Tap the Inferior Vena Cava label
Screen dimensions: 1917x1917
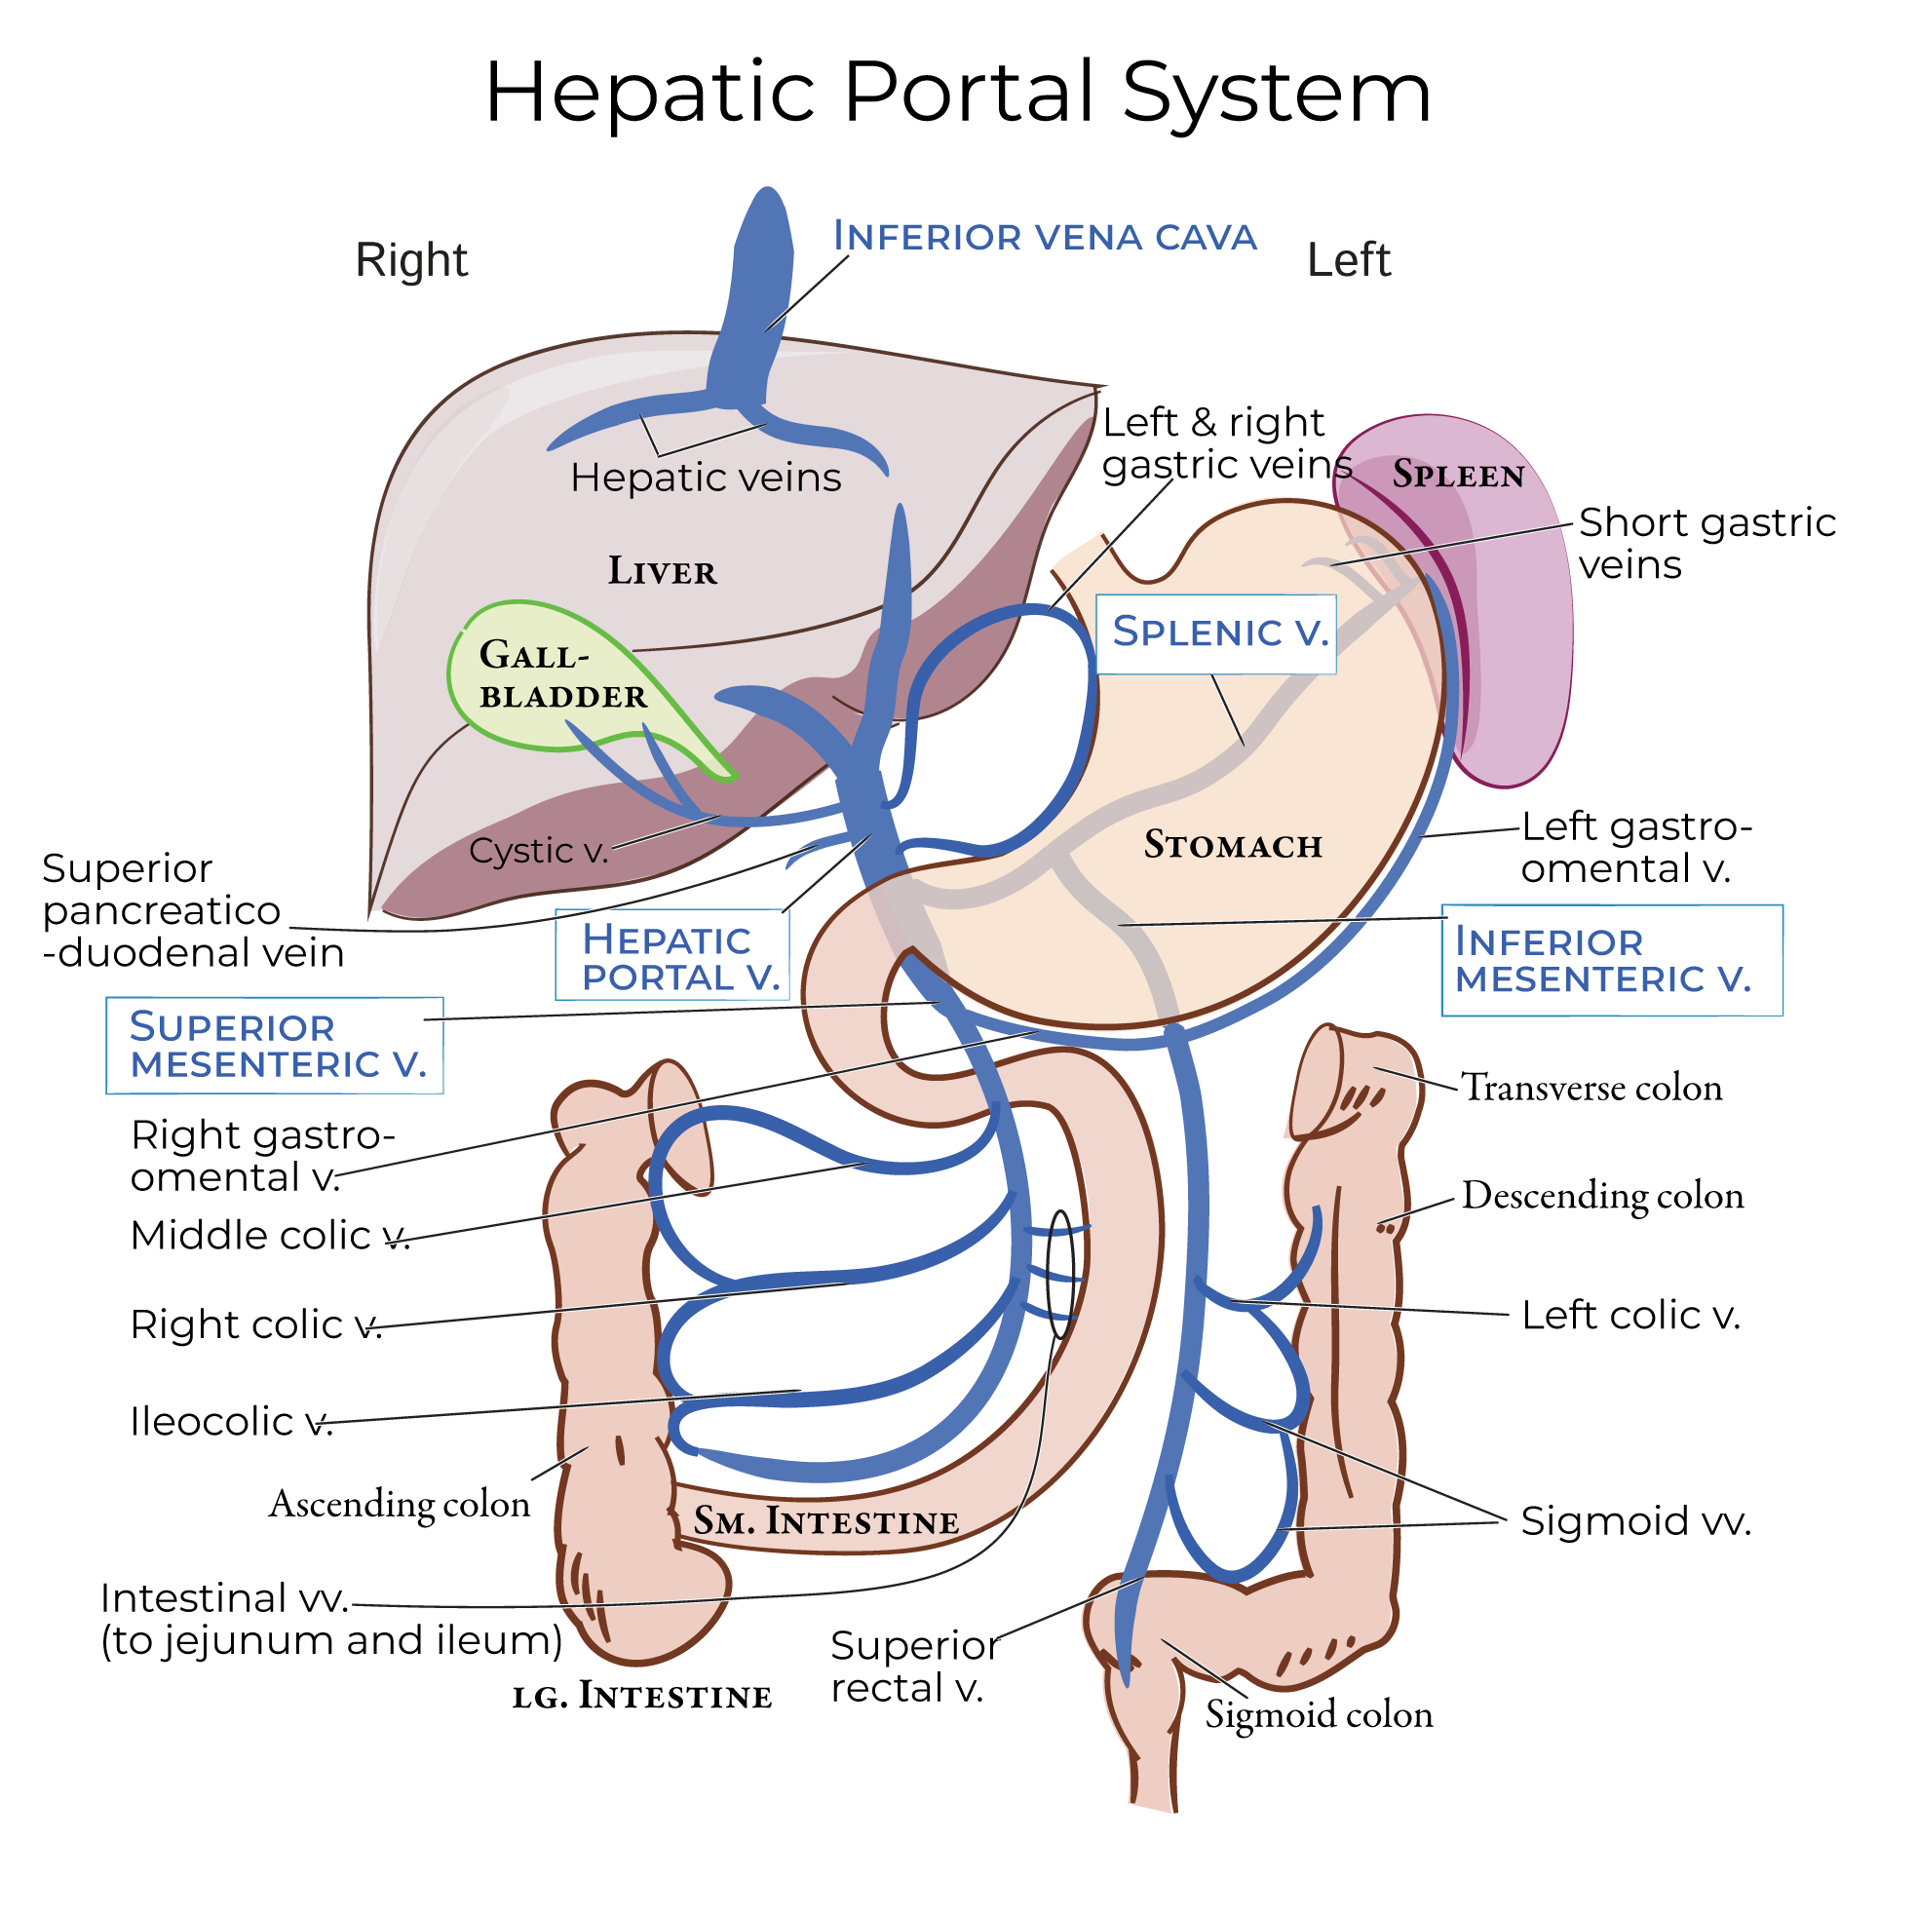[x=1044, y=237]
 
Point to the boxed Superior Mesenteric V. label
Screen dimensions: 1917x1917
[x=276, y=1045]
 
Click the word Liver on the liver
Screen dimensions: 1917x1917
[x=662, y=571]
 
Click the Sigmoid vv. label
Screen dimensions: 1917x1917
[x=1635, y=1520]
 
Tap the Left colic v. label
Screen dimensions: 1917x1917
[x=1630, y=1315]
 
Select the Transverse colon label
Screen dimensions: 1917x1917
[x=1591, y=1088]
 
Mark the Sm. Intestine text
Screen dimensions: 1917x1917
[x=825, y=1521]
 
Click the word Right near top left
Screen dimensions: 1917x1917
[x=411, y=260]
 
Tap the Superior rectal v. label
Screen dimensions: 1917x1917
[x=913, y=1667]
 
